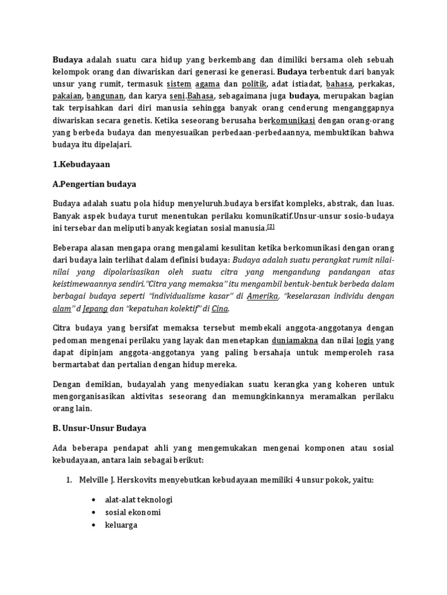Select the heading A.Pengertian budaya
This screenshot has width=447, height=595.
point(94,184)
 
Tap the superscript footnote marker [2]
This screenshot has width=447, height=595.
point(271,226)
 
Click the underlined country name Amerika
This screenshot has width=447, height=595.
point(263,296)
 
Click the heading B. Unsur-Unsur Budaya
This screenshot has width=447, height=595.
point(100,428)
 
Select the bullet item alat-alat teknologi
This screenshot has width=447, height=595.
point(139,499)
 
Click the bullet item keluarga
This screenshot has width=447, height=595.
point(120,525)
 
